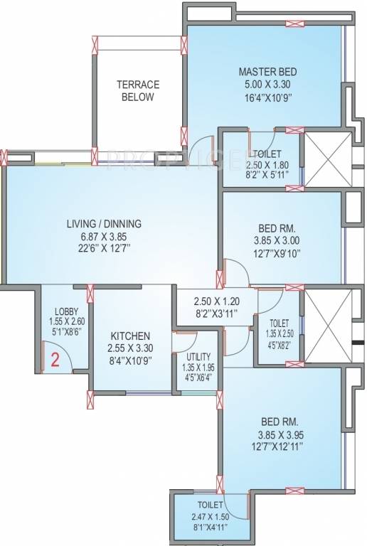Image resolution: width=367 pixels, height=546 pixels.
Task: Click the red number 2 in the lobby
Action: pos(53,358)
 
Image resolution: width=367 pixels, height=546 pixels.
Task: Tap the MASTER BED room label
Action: pos(267,72)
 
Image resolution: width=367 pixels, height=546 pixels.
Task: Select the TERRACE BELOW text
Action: pos(138,90)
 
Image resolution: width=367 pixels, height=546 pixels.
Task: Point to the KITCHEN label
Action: pos(129,336)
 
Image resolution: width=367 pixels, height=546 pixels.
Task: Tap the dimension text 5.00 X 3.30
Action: pos(267,85)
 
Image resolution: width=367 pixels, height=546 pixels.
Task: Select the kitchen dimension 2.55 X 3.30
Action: pos(129,348)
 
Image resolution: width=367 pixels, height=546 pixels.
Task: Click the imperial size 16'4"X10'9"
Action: pos(267,97)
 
